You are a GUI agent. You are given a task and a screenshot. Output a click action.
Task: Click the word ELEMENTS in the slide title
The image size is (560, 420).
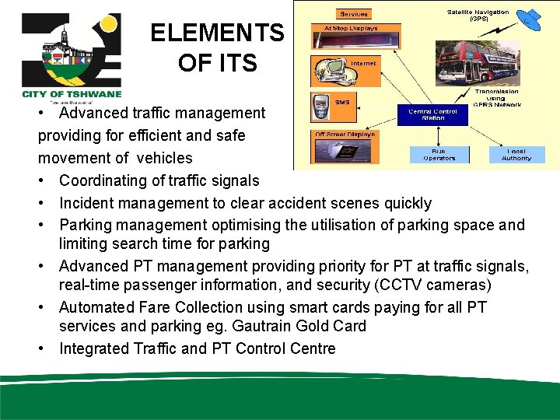point(217,33)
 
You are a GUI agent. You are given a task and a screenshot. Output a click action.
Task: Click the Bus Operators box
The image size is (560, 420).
point(439,154)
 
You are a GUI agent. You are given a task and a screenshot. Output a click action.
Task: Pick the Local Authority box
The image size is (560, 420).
point(516,154)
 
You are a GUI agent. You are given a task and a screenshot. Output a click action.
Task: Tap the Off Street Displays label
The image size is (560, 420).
point(345,134)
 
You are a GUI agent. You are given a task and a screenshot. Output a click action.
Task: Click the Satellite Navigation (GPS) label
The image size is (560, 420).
point(478,14)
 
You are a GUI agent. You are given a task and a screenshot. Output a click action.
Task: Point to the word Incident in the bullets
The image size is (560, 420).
point(88,203)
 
